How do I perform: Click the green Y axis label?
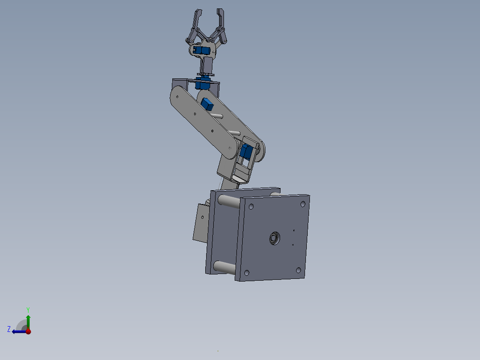pos(28,309)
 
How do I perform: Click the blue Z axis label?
pos(9,329)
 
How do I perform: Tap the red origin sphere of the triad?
pos(28,331)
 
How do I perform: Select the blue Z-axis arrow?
pos(18,331)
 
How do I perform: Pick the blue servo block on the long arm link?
pos(207,104)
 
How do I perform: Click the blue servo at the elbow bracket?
pos(245,152)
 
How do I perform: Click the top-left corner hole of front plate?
pos(251,207)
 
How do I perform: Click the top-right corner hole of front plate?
pos(303,204)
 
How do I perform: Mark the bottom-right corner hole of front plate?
pos(298,270)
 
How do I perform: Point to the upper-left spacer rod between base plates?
pos(229,202)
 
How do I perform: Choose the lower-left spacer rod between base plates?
pos(224,267)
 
